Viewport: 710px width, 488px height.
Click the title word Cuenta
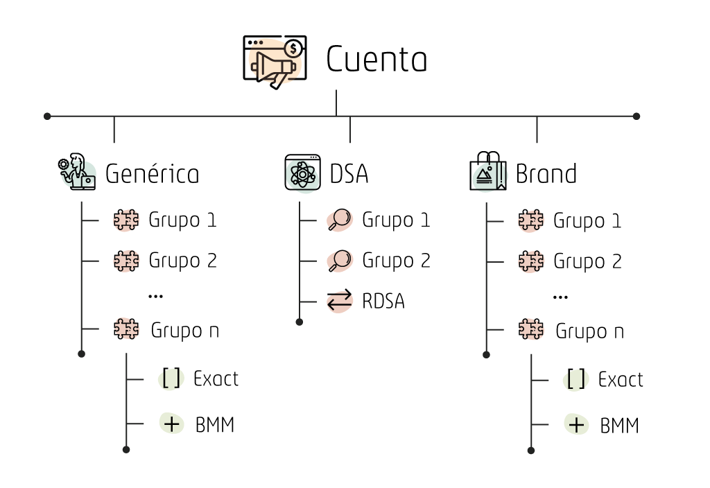click(376, 60)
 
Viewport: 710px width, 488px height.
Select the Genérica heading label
click(152, 174)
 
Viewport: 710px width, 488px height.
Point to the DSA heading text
click(349, 174)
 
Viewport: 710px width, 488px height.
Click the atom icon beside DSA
click(303, 173)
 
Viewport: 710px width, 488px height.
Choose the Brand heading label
click(546, 173)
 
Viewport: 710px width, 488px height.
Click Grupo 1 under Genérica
click(182, 220)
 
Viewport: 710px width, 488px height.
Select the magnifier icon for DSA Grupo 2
click(339, 261)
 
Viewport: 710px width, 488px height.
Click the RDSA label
click(383, 302)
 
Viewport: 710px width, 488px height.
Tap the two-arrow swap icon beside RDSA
click(340, 302)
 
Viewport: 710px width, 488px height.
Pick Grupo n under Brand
click(589, 331)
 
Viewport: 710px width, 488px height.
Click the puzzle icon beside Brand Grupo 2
click(531, 261)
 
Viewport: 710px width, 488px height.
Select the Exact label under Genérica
click(216, 379)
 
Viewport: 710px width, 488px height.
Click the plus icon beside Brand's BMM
click(576, 424)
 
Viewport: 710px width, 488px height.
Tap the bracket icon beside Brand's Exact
click(576, 380)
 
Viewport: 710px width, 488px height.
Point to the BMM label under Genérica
click(215, 424)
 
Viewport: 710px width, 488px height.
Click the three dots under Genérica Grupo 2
click(156, 296)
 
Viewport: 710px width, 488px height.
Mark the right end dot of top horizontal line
click(637, 116)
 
